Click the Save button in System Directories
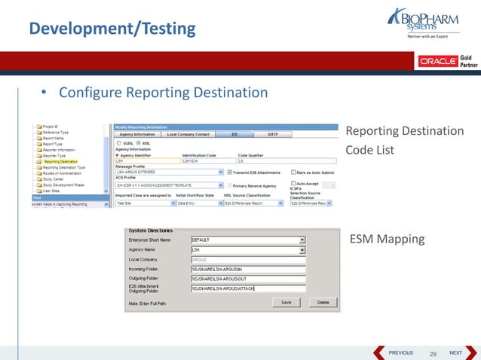(x=286, y=302)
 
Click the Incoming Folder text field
(x=248, y=269)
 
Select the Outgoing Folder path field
(x=248, y=279)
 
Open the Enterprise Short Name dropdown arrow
(x=302, y=240)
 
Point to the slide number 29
(x=433, y=353)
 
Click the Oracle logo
(x=437, y=60)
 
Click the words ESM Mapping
(x=387, y=239)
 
